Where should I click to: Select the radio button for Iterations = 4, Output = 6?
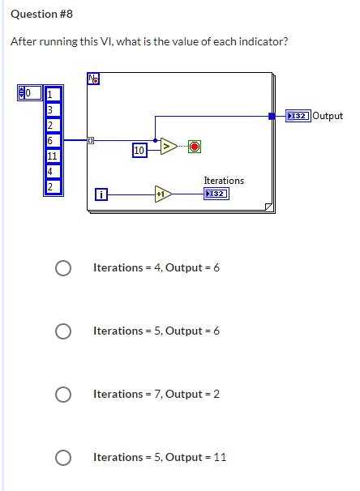(x=62, y=268)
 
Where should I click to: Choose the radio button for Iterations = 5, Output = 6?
(x=62, y=331)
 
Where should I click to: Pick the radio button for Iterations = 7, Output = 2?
(x=62, y=394)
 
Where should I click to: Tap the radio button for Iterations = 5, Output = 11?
(x=62, y=457)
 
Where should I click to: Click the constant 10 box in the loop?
(x=139, y=150)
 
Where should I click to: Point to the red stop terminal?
(x=195, y=147)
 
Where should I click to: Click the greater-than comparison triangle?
(x=168, y=147)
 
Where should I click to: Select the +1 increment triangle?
(x=163, y=194)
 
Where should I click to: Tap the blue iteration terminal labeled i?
(x=101, y=194)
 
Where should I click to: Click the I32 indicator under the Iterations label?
(x=216, y=194)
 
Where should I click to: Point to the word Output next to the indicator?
(x=328, y=116)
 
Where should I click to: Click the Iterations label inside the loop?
(x=224, y=180)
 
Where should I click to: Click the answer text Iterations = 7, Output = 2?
(x=156, y=394)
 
